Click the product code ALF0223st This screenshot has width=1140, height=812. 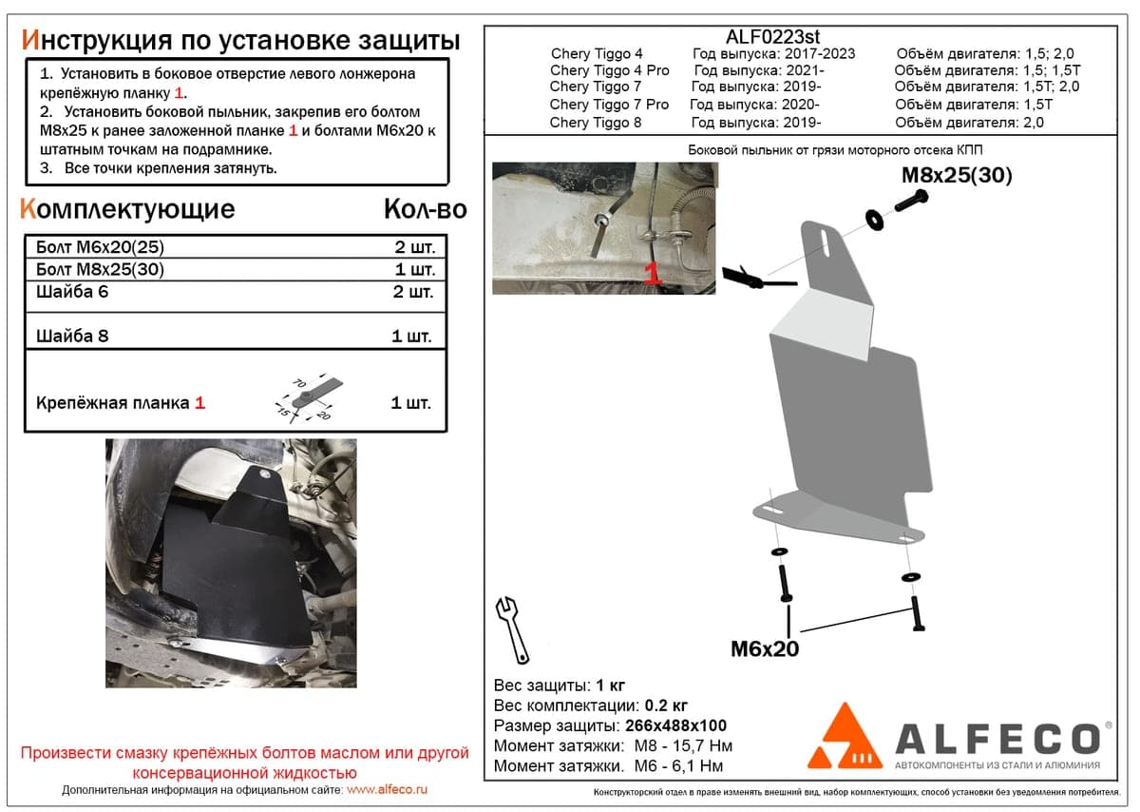[x=772, y=37]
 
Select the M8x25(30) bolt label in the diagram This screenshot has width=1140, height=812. [x=957, y=175]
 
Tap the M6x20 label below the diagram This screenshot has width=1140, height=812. [x=765, y=649]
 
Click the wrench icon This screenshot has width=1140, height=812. [x=512, y=630]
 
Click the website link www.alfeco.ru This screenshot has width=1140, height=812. [x=387, y=789]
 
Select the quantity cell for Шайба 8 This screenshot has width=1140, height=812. [x=411, y=337]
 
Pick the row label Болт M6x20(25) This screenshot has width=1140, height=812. [x=101, y=247]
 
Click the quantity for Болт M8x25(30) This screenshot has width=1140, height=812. [x=415, y=269]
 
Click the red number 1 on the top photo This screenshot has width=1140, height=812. [x=653, y=274]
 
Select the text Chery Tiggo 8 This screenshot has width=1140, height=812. [x=596, y=123]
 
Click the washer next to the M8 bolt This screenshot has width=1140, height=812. [x=875, y=219]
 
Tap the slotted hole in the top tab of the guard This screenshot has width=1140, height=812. [x=825, y=242]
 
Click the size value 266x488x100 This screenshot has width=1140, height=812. [x=675, y=725]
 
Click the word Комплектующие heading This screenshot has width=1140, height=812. [x=127, y=209]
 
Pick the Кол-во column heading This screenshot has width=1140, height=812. [x=426, y=209]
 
